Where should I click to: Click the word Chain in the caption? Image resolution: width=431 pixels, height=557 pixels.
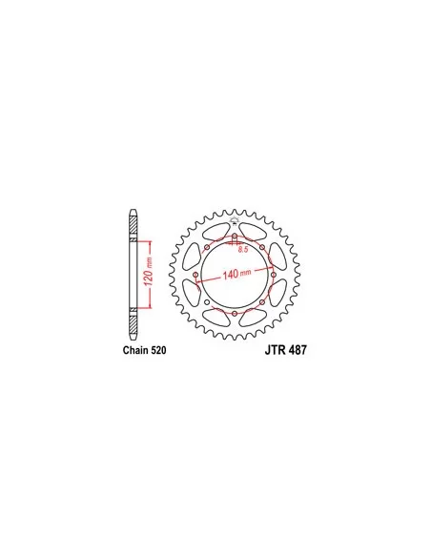point(135,350)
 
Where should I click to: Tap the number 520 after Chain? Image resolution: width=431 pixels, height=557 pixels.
point(158,350)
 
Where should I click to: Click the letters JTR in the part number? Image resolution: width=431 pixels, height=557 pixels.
point(275,350)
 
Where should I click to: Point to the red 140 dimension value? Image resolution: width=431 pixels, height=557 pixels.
point(230,275)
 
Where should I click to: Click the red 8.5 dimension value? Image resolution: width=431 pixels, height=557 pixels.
point(243,249)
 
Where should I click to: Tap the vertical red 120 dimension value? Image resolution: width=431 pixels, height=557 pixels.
point(148,275)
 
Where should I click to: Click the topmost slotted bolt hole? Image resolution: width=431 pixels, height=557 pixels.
point(235,238)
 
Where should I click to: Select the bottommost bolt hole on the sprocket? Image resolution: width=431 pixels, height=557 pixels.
point(235,313)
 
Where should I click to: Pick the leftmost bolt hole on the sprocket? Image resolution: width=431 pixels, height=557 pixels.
point(195,275)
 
